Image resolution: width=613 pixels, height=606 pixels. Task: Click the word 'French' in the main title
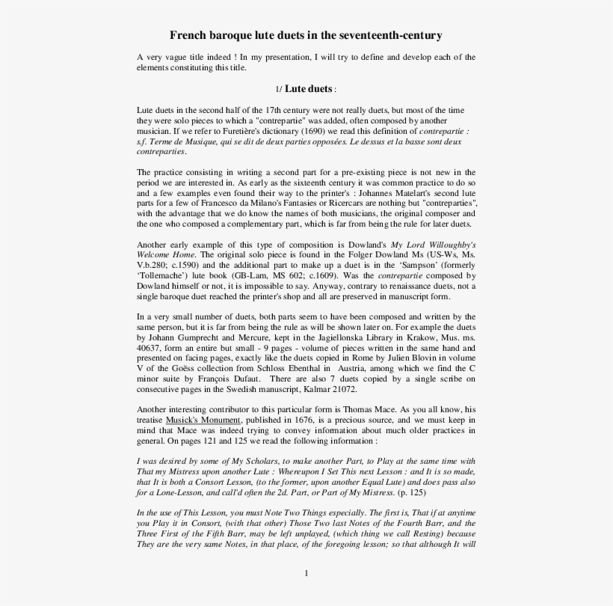187,35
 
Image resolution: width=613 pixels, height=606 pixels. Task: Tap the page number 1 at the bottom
306,573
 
